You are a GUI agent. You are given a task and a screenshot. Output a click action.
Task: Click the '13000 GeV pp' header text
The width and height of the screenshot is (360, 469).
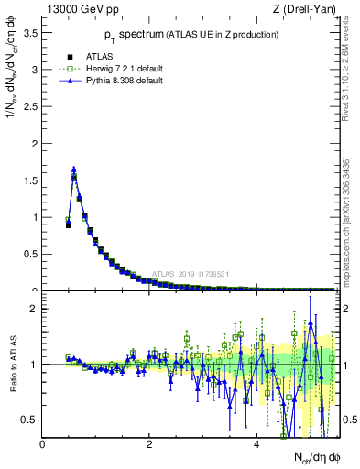(x=79, y=11)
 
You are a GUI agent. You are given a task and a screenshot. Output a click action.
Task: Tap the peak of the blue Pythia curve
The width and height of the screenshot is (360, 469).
(x=73, y=169)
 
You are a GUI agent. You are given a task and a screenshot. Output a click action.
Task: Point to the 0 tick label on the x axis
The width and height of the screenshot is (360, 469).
(x=42, y=444)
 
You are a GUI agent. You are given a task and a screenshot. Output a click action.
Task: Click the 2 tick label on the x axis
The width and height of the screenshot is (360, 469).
(x=149, y=444)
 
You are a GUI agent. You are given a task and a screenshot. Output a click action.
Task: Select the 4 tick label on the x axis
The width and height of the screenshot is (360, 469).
(x=256, y=444)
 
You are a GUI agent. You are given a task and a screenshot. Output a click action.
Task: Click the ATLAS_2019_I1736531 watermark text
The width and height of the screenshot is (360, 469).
(x=191, y=273)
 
